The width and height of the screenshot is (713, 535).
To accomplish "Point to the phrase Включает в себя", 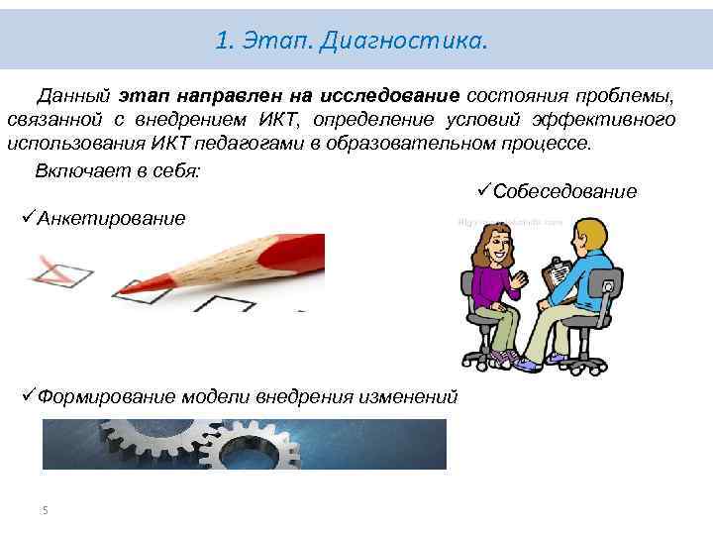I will pyautogui.click(x=117, y=169).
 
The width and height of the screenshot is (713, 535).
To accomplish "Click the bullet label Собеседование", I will pyautogui.click(x=564, y=191).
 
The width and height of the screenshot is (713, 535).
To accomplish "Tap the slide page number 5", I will pyautogui.click(x=45, y=510).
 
